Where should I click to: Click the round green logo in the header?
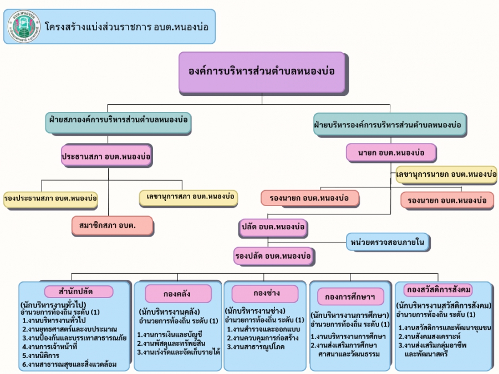[24, 26]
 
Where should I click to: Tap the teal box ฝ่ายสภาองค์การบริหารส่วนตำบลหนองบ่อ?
[119, 123]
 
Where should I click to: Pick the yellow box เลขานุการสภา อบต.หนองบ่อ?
[188, 197]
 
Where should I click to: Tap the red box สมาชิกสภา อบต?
[111, 224]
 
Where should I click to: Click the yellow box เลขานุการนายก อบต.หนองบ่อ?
[446, 175]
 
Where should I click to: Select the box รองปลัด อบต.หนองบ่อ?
[273, 256]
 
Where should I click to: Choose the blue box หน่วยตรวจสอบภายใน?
[389, 242]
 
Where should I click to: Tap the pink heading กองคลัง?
[178, 293]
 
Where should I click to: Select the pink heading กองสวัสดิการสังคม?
[439, 290]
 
